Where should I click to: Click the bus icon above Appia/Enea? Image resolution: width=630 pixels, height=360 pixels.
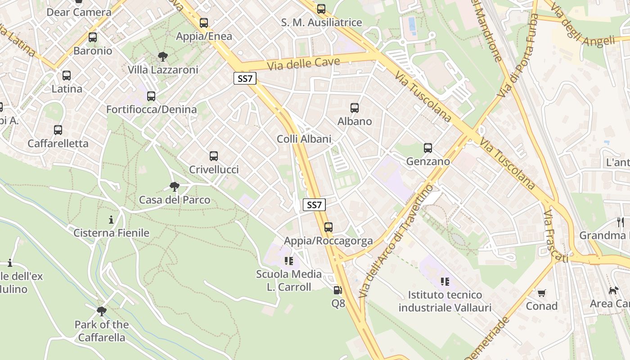click(x=204, y=23)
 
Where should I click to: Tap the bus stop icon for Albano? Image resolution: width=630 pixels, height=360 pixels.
click(x=355, y=108)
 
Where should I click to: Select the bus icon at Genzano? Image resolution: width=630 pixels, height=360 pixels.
click(x=428, y=148)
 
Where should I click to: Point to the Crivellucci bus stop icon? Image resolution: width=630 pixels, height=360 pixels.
click(x=214, y=156)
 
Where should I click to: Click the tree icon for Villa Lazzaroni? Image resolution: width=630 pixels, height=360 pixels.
click(x=163, y=57)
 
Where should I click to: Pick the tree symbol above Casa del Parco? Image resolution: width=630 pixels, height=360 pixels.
click(x=175, y=187)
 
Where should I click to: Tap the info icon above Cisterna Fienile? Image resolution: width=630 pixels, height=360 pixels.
click(x=111, y=220)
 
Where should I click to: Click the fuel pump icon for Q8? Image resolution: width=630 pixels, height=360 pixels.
click(x=338, y=290)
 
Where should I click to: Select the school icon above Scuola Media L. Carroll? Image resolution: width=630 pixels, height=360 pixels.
click(x=289, y=261)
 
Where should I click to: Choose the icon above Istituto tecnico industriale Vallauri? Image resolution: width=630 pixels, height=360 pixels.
click(x=445, y=282)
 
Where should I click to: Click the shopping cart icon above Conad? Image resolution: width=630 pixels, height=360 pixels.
click(x=542, y=293)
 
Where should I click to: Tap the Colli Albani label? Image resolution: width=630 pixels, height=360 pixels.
click(x=304, y=139)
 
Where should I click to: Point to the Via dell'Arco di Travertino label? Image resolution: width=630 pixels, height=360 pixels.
click(x=396, y=241)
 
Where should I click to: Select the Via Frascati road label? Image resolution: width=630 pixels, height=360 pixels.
click(x=555, y=236)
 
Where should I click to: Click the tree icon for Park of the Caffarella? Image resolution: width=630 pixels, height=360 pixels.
click(x=102, y=311)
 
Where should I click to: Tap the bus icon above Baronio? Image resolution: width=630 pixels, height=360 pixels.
click(x=93, y=37)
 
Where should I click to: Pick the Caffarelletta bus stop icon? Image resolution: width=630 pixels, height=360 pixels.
click(x=58, y=130)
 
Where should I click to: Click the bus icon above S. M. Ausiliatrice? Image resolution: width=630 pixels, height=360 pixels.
click(x=321, y=9)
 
